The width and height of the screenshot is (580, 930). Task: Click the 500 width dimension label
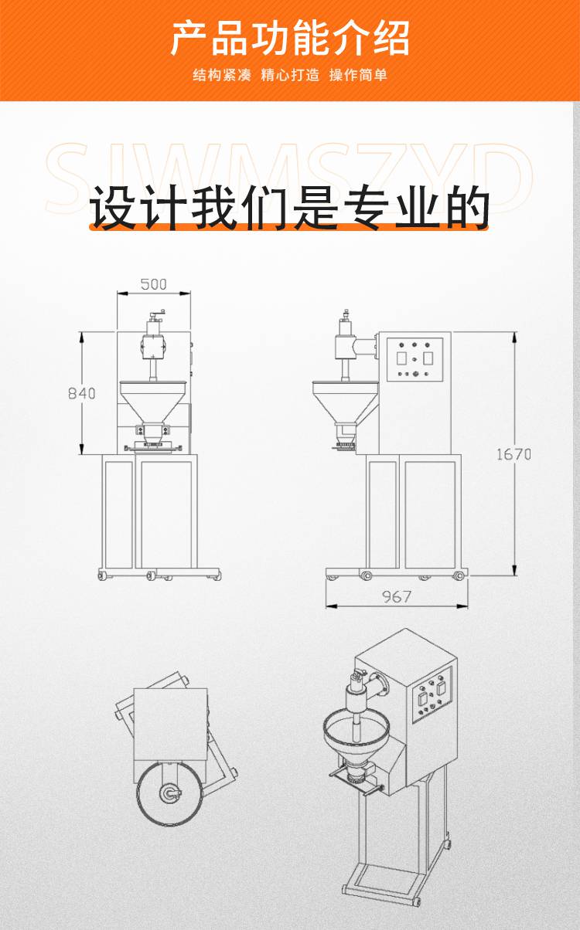(x=153, y=284)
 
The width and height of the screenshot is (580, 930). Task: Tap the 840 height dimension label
(x=81, y=393)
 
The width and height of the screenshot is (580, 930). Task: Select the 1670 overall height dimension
(x=514, y=454)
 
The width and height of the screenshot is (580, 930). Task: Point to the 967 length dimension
(x=397, y=597)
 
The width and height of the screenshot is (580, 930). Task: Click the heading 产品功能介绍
(x=290, y=39)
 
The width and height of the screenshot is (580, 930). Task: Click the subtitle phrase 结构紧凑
(x=222, y=75)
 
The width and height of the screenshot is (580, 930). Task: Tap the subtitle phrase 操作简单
(x=358, y=75)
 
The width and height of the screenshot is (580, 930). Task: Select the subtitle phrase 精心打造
(x=290, y=75)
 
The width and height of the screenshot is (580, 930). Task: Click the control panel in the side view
(x=415, y=359)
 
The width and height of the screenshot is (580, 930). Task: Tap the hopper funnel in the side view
(x=345, y=402)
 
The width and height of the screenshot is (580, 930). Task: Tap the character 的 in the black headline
(x=467, y=208)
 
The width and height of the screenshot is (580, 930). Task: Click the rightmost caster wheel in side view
(x=459, y=575)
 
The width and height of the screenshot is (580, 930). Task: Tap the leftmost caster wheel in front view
(x=102, y=575)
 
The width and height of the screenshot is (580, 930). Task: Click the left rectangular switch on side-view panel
(x=401, y=358)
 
